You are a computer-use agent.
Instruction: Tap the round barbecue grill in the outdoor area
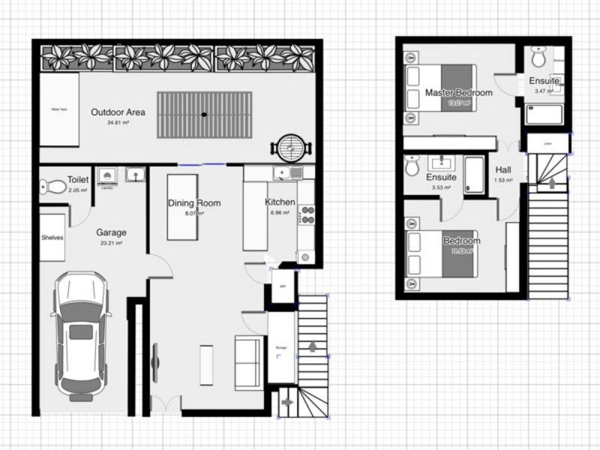289,146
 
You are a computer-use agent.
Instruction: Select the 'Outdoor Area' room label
118,112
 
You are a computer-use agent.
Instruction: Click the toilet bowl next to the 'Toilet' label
53,187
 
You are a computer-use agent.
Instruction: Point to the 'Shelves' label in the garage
52,238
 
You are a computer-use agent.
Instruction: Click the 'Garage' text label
111,232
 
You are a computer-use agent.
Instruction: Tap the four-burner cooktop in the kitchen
306,215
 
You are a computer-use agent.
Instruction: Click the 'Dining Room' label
194,203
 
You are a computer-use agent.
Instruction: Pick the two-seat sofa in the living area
249,363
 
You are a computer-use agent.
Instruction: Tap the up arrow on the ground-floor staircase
313,346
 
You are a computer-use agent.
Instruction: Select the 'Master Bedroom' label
458,92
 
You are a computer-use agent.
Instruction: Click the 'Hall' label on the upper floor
503,169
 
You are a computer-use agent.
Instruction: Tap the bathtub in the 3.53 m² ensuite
473,175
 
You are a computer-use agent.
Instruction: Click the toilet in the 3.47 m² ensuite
538,57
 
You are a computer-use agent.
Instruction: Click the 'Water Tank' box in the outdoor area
59,109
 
